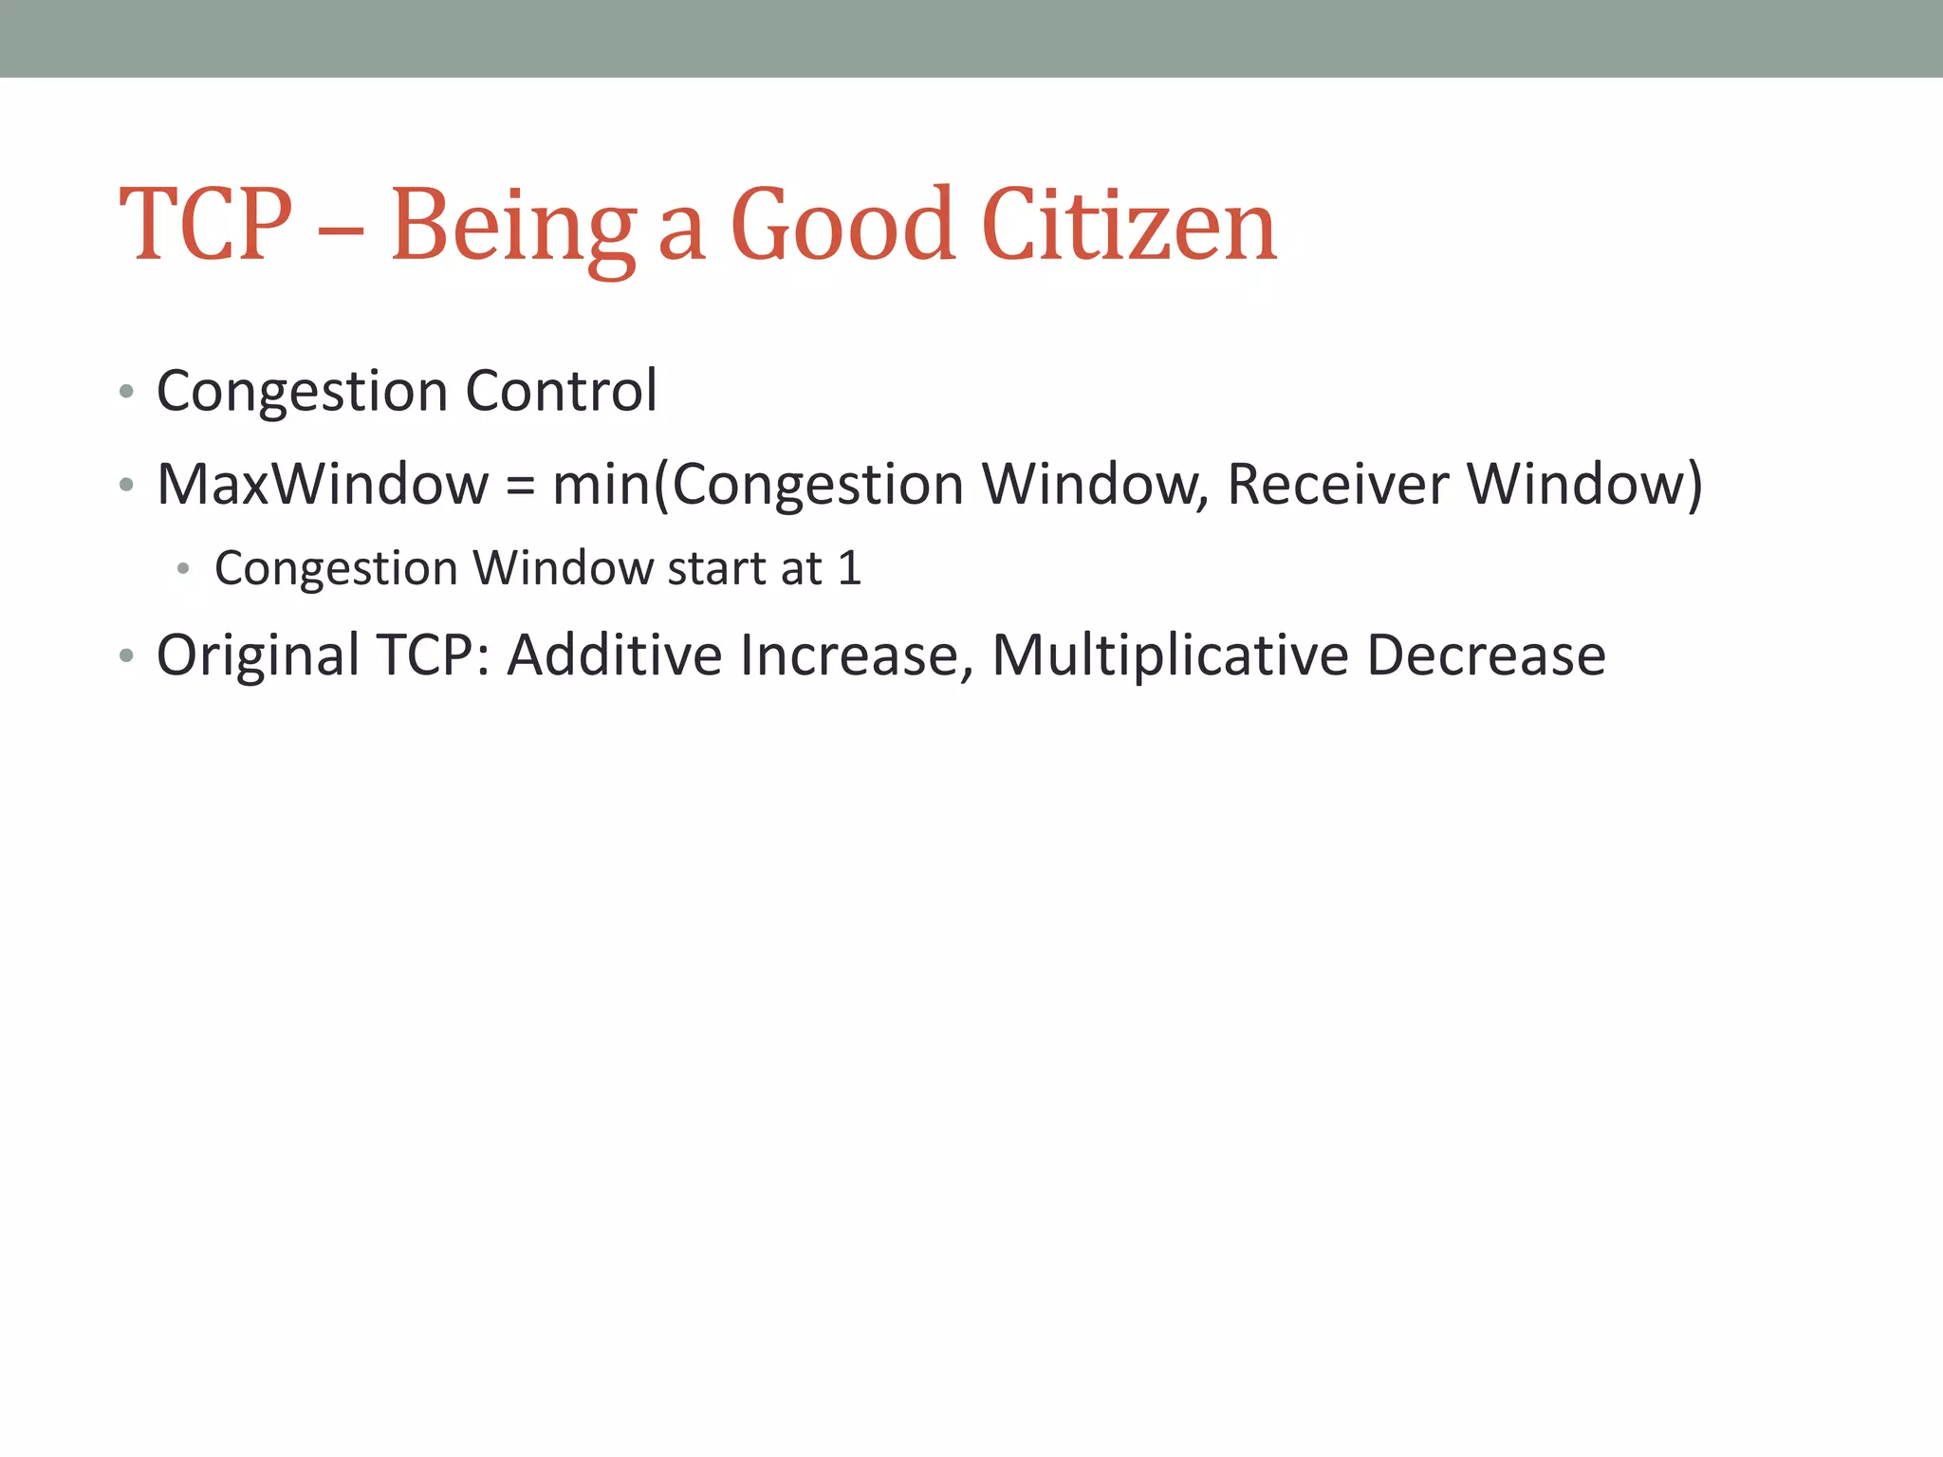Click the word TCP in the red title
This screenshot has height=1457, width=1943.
[x=206, y=225]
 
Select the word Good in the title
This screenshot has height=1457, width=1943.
[x=842, y=225]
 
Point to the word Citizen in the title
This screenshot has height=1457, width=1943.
[x=1129, y=225]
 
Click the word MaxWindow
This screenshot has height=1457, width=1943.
[x=323, y=484]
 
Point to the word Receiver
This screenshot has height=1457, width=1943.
[x=1338, y=484]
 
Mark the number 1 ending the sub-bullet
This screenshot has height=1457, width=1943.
[x=849, y=568]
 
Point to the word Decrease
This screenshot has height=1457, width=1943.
[x=1486, y=655]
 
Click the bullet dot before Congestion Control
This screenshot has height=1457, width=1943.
[x=126, y=392]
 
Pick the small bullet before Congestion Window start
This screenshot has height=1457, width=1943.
[x=183, y=569]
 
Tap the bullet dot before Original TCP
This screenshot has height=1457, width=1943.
[x=126, y=656]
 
